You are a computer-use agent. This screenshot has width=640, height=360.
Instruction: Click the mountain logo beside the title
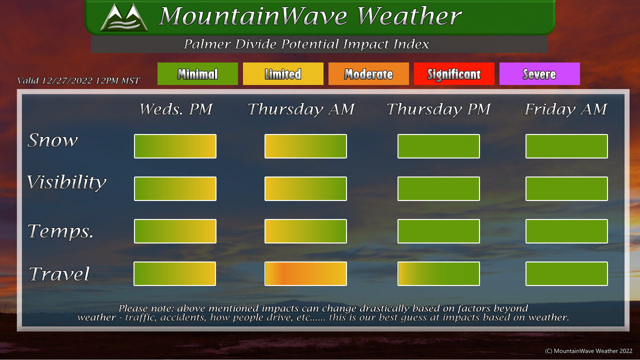pyautogui.click(x=124, y=17)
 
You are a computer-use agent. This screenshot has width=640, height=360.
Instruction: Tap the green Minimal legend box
pyautogui.click(x=197, y=73)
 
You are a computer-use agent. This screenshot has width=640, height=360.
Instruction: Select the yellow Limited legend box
pyautogui.click(x=283, y=73)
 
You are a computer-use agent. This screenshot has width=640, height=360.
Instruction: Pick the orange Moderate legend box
pyautogui.click(x=368, y=73)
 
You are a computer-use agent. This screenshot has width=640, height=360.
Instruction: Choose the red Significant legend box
pyautogui.click(x=454, y=73)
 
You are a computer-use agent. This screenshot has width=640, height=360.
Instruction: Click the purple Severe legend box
pyautogui.click(x=539, y=73)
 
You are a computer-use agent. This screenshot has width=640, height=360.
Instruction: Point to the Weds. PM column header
pyautogui.click(x=176, y=109)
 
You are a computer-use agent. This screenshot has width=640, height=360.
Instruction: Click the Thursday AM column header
pyautogui.click(x=301, y=109)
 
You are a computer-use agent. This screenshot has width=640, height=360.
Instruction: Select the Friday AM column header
pyautogui.click(x=565, y=109)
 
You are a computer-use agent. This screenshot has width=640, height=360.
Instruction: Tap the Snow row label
pyautogui.click(x=52, y=140)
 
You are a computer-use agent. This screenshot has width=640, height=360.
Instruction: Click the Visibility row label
pyautogui.click(x=66, y=182)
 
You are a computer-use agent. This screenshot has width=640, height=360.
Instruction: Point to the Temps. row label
pyautogui.click(x=60, y=231)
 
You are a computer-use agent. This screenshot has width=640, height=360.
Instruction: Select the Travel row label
pyautogui.click(x=59, y=273)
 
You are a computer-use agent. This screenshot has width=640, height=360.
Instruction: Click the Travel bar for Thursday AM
pyautogui.click(x=305, y=273)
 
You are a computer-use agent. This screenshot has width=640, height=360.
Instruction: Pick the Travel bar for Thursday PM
pyautogui.click(x=438, y=273)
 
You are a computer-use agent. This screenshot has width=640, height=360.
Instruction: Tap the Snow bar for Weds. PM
pyautogui.click(x=175, y=146)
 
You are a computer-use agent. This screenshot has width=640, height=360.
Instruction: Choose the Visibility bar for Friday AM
pyautogui.click(x=566, y=188)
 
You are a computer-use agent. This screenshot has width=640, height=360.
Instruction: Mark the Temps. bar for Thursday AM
pyautogui.click(x=305, y=231)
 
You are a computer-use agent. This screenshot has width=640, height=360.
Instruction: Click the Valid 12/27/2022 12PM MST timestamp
pyautogui.click(x=78, y=80)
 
